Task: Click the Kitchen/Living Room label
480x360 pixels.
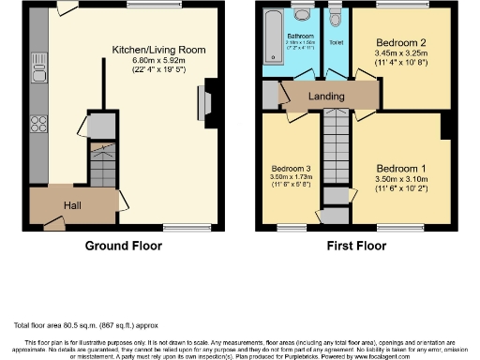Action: [158, 49]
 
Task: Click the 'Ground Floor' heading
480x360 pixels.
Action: [124, 247]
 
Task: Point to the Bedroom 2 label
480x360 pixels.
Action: [402, 44]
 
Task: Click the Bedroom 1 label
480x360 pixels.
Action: [400, 169]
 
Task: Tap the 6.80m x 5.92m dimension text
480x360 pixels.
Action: [158, 61]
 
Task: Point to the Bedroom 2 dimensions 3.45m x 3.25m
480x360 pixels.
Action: [402, 55]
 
